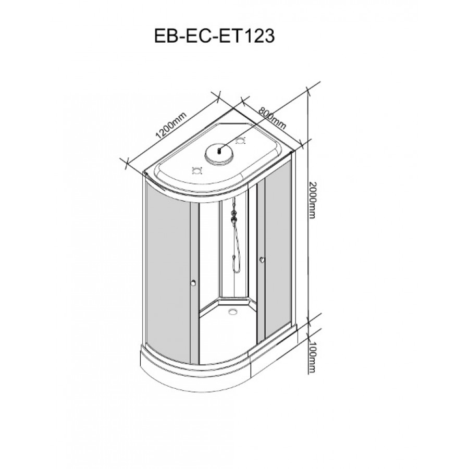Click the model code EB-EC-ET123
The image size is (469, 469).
[214, 36]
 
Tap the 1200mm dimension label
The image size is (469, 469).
[171, 125]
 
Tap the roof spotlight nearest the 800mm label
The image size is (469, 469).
[241, 140]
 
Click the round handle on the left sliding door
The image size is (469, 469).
[193, 282]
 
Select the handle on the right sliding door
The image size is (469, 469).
[262, 260]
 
